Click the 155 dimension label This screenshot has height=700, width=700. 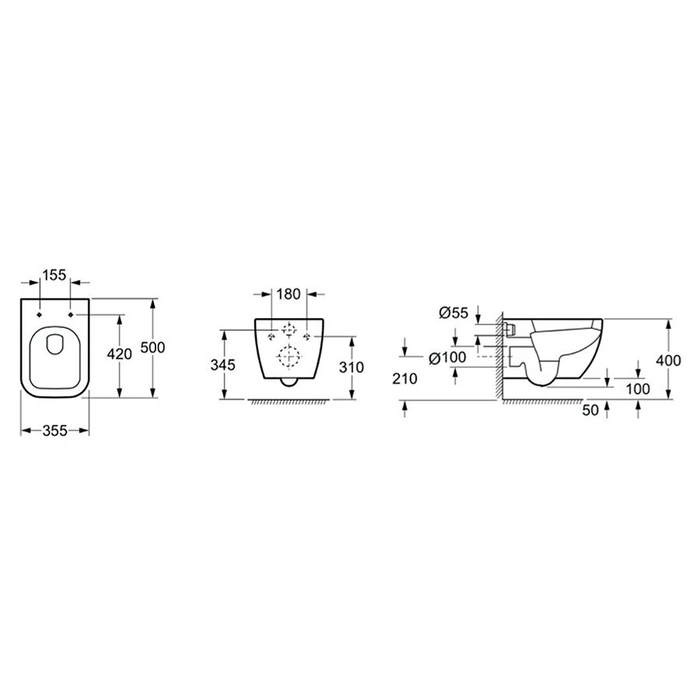coord(55,275)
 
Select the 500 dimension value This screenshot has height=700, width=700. coord(152,347)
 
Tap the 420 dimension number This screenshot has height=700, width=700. coord(120,354)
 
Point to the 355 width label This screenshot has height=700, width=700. coord(55,430)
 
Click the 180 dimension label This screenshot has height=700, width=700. coord(289,294)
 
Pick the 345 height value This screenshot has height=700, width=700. coord(222,365)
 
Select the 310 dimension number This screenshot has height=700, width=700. coord(352,367)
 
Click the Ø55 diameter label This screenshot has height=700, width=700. coord(453,313)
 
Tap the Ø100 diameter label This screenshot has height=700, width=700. coord(447,357)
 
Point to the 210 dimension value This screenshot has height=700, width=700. coord(405,379)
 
